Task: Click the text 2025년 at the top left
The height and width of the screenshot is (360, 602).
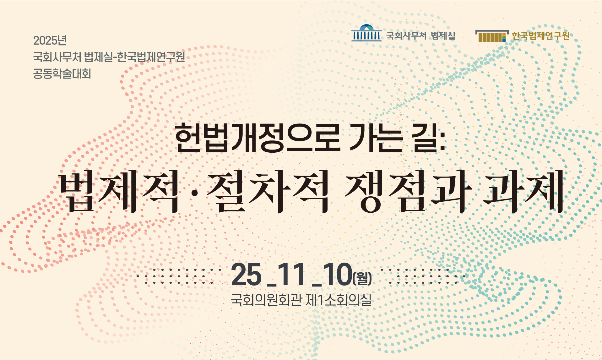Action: coord(50,41)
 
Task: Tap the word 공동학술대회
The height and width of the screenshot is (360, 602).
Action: coord(62,74)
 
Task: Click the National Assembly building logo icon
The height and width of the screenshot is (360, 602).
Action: coord(366,33)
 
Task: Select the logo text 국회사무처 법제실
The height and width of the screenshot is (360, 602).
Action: coord(420,35)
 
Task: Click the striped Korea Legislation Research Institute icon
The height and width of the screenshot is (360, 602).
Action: coord(492,36)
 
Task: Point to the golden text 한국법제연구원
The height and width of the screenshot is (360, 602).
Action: coord(540,36)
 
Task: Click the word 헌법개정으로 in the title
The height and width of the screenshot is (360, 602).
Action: coord(258,138)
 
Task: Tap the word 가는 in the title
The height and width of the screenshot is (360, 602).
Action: coord(376,138)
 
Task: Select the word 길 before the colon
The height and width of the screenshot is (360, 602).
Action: coord(425,138)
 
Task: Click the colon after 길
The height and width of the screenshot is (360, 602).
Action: coord(442,141)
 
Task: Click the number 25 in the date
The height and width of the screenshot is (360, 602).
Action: coord(246,275)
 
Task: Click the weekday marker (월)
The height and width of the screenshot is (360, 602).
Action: coord(362,278)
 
